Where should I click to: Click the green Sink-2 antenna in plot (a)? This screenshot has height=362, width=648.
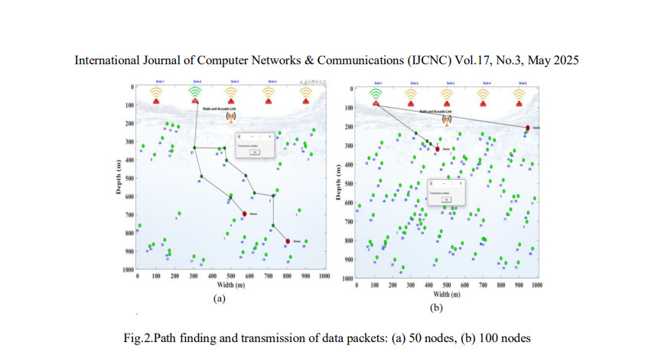click(195, 93)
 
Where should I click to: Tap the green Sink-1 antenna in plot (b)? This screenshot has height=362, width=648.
click(376, 95)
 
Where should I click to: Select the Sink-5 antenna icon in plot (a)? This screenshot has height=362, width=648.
click(305, 93)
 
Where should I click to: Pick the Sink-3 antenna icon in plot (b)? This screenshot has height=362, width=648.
click(448, 95)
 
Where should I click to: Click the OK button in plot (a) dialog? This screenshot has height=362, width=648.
click(255, 152)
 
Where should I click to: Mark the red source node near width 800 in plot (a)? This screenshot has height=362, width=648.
click(288, 241)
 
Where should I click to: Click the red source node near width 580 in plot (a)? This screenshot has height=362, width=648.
click(245, 214)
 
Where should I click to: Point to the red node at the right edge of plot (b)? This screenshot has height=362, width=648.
click(527, 128)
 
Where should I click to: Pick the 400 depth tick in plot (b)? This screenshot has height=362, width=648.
click(349, 165)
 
